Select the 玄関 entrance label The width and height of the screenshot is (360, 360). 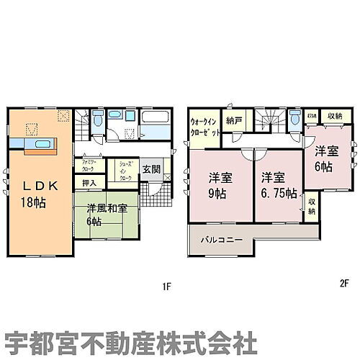(x=151, y=169)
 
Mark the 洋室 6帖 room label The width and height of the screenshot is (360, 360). (x=325, y=159)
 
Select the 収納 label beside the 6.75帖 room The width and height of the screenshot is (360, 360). (x=311, y=207)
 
